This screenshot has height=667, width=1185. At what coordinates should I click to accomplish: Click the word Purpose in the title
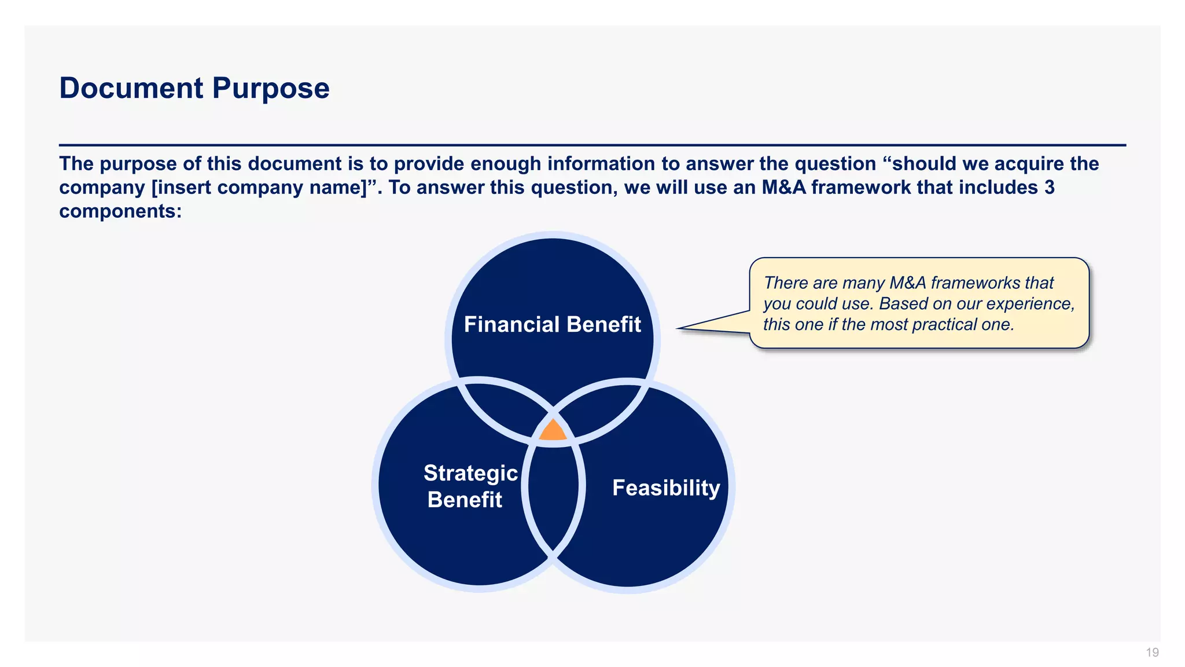pyautogui.click(x=270, y=89)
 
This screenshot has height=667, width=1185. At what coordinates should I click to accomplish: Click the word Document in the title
pyautogui.click(x=131, y=89)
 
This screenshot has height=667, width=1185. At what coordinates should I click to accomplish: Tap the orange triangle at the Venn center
pyautogui.click(x=553, y=431)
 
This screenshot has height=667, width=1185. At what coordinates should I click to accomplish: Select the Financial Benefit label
pyautogui.click(x=552, y=324)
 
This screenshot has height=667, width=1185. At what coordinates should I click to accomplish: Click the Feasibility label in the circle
pyautogui.click(x=666, y=488)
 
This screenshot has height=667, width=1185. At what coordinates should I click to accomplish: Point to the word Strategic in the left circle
pyautogui.click(x=470, y=473)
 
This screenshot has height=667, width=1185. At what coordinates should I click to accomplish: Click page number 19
pyautogui.click(x=1152, y=653)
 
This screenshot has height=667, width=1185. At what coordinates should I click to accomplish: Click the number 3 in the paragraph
pyautogui.click(x=1050, y=188)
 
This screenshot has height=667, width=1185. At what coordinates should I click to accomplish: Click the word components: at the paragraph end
pyautogui.click(x=120, y=211)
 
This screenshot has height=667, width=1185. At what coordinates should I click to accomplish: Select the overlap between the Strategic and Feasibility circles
pyautogui.click(x=553, y=498)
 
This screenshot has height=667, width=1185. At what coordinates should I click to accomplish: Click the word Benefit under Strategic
pyautogui.click(x=465, y=500)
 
